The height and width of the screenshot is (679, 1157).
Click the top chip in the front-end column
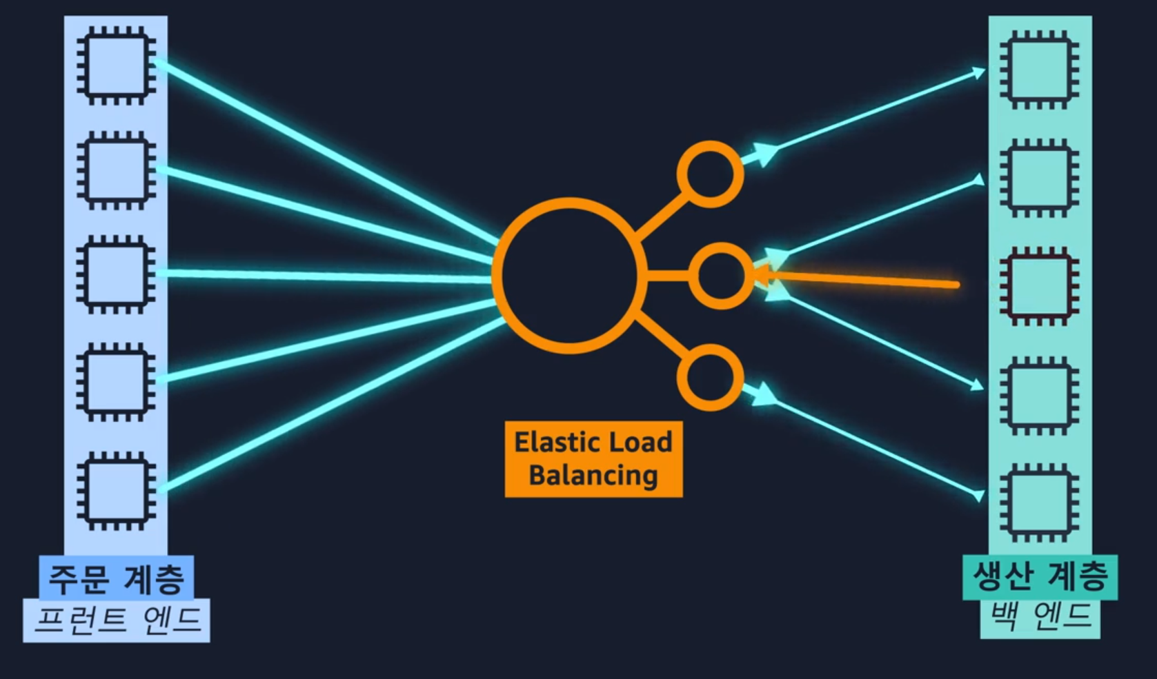tap(116, 66)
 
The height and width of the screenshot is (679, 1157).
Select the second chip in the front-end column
tap(116, 170)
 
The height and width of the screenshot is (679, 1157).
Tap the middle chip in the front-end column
tap(116, 274)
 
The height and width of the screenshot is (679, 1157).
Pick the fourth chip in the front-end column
tap(116, 381)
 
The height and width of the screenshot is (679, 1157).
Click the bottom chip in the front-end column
tap(116, 490)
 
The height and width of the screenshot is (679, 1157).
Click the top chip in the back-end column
tap(1040, 70)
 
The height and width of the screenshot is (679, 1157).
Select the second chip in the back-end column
tap(1040, 178)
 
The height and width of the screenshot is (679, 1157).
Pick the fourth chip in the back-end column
tap(1040, 395)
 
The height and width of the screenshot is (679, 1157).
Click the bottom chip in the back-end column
tap(1040, 503)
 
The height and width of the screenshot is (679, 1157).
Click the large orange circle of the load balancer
tap(569, 276)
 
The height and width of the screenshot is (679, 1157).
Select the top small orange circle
tap(710, 174)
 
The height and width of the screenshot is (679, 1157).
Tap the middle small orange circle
tap(721, 276)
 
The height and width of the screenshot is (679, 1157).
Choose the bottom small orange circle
tap(710, 378)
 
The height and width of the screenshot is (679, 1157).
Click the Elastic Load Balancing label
tap(593, 459)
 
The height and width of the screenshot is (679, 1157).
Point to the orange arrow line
tap(862, 281)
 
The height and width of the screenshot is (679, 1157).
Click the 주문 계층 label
tap(116, 578)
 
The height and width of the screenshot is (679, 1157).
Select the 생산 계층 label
tap(1040, 576)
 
